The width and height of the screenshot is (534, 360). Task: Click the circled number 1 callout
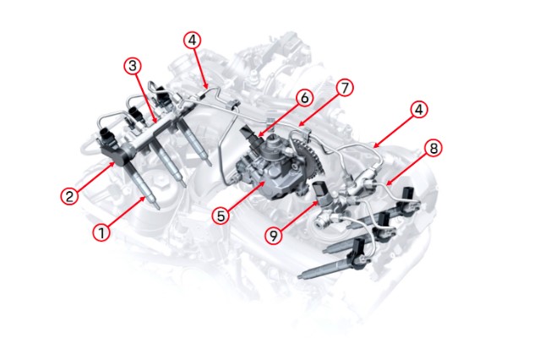101,232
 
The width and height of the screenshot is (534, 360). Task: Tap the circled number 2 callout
69,196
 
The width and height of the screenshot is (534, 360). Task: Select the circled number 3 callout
133,66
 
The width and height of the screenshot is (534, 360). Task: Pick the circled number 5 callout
221,215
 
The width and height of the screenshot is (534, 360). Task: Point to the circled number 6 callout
304,98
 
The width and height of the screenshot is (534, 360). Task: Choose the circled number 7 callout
345,88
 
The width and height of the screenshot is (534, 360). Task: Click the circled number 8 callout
433,149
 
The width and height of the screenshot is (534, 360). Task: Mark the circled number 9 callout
274,235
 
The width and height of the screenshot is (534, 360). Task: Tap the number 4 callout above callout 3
192,41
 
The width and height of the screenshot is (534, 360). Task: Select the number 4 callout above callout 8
418,110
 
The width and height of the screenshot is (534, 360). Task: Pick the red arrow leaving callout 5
247,196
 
